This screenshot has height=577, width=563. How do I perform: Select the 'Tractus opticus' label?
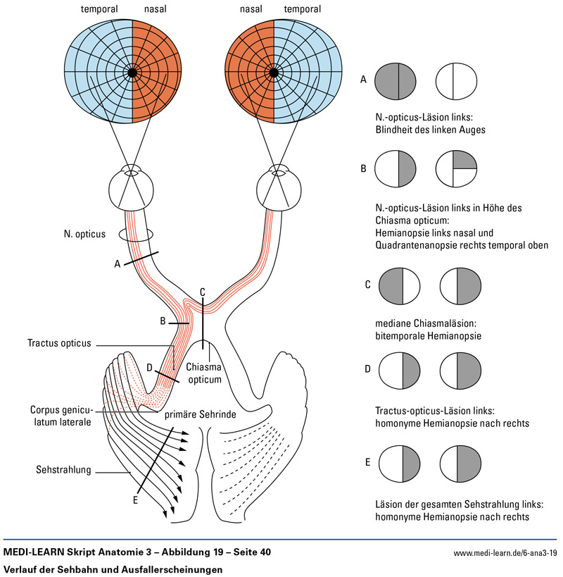click(59, 343)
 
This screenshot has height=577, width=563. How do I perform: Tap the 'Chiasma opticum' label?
click(204, 373)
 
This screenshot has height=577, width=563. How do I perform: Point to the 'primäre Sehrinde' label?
click(200, 415)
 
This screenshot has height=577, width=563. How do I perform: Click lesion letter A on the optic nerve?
click(118, 263)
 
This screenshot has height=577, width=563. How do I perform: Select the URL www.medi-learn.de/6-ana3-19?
click(505, 553)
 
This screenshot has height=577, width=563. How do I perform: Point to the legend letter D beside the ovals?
click(367, 368)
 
